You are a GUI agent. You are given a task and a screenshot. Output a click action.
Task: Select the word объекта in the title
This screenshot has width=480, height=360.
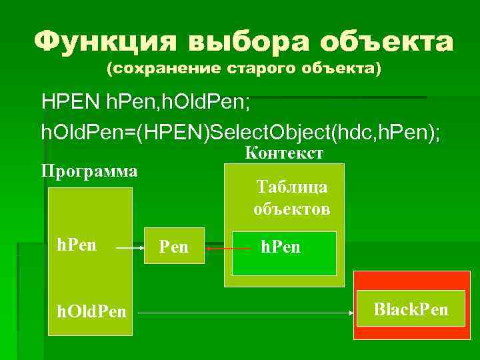click(387, 43)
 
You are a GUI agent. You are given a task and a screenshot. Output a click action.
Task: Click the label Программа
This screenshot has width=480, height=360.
click(89, 171)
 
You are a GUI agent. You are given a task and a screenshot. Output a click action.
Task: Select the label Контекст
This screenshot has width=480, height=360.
click(285, 153)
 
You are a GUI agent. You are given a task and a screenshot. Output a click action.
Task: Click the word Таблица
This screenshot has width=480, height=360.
click(292, 187)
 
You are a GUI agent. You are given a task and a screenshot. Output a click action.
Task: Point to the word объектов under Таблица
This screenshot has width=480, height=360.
click(291, 209)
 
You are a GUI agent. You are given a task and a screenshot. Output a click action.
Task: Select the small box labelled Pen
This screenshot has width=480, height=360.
click(174, 247)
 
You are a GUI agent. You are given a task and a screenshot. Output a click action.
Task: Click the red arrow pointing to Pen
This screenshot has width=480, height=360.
click(218, 248)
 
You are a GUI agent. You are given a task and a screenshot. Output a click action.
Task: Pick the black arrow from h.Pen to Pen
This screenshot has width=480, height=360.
click(130, 247)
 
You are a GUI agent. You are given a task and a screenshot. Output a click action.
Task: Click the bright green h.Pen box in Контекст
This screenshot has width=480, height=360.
click(283, 253)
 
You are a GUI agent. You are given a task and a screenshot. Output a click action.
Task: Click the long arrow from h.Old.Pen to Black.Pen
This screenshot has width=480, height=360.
click(247, 313)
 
